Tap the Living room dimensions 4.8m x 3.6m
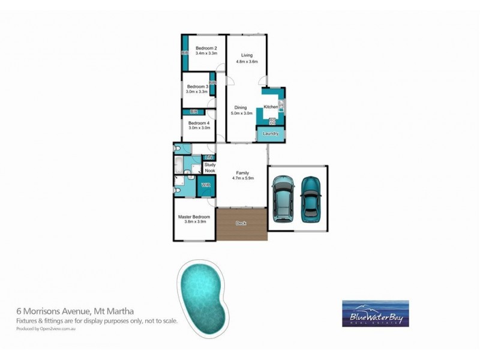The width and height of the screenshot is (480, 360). [x=247, y=61]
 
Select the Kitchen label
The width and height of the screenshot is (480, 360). [x=271, y=107]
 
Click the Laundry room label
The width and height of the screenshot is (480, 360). [x=270, y=133]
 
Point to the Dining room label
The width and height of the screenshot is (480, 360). [x=241, y=107]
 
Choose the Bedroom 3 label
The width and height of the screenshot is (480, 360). [x=197, y=87]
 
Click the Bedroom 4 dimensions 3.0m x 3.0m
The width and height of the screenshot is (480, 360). [x=199, y=127]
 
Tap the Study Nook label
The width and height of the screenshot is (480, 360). [x=210, y=167]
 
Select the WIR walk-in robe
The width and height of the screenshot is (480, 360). [x=206, y=185]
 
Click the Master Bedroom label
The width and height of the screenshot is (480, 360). [x=194, y=217]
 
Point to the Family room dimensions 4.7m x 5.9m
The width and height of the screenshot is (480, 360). [x=242, y=178]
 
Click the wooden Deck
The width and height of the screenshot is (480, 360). [x=242, y=224]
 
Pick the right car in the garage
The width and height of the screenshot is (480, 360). [x=311, y=197]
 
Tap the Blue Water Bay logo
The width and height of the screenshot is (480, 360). [x=375, y=313]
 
